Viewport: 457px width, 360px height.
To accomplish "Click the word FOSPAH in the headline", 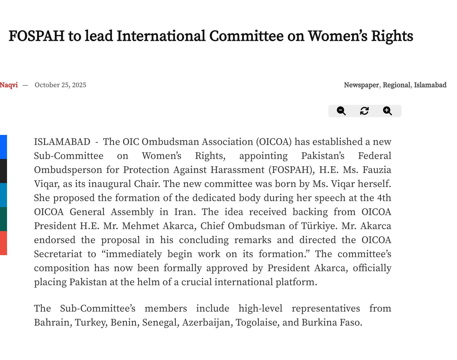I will point(36,36).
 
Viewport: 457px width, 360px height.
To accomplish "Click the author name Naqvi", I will point(9,85).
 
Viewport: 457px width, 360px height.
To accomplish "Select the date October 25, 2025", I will point(60,85).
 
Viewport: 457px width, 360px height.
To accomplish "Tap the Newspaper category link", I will point(361,85).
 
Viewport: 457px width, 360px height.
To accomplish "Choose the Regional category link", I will point(397,85).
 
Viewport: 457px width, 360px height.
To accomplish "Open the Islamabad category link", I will point(430,85).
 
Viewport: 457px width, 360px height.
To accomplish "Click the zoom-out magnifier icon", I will point(341,111).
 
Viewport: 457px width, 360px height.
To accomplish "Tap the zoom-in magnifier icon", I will point(387,111).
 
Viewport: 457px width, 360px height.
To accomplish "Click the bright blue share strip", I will point(3,147).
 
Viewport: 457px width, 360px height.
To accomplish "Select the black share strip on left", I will point(3,171).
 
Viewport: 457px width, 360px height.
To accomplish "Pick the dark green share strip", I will point(3,219).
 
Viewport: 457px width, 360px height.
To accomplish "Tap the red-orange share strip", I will point(3,243).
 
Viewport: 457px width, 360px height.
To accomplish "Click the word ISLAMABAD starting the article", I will point(62,142).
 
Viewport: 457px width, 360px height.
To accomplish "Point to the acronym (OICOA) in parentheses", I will point(274,142).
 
